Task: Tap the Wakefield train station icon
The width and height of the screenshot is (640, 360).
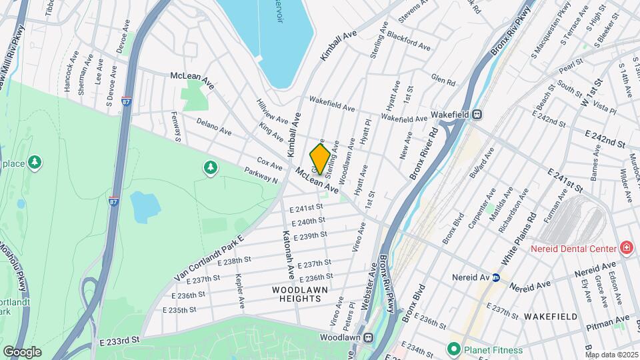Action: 477,114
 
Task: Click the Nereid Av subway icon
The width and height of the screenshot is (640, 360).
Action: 496,277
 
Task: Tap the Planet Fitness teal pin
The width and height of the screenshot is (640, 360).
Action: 454,348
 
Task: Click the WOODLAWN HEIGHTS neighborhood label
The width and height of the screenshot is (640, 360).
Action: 297,294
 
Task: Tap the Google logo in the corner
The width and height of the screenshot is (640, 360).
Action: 22,351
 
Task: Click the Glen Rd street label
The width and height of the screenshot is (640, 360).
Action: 443,80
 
